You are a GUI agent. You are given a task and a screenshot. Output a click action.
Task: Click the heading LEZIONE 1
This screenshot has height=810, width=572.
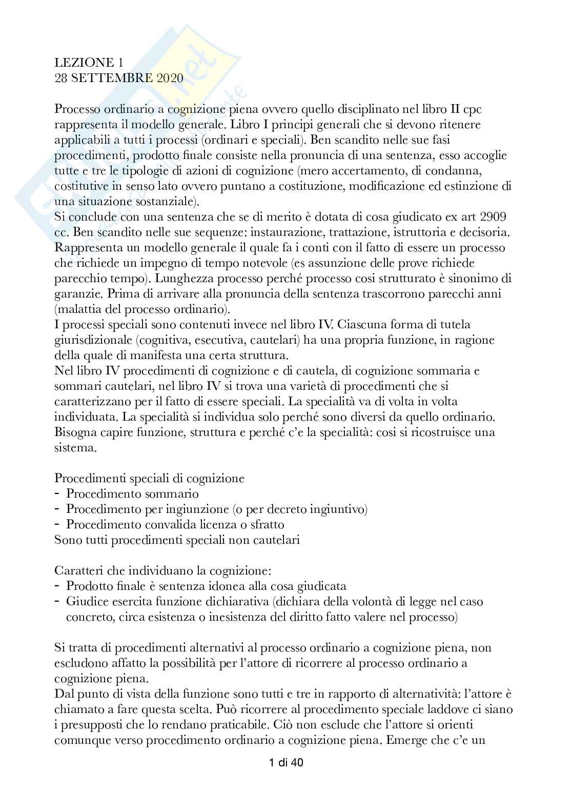point(88,63)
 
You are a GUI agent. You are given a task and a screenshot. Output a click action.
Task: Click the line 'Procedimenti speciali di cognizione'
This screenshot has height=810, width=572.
point(149,478)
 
